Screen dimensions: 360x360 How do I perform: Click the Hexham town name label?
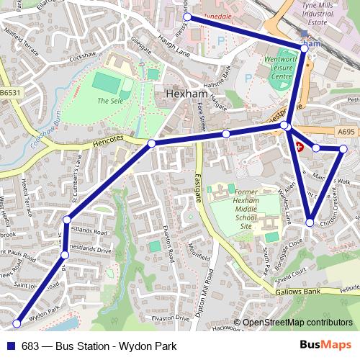pos(186,94)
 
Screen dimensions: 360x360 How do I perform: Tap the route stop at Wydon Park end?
pos(16,324)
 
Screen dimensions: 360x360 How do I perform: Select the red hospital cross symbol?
pos(299,145)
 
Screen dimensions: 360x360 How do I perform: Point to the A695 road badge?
pos(346,132)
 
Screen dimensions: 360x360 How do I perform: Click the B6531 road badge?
pos(10,93)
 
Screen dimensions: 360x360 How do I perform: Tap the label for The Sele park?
pos(109,102)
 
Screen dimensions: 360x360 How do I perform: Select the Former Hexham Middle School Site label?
pos(235,210)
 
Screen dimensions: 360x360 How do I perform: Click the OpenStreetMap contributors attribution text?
pos(297,323)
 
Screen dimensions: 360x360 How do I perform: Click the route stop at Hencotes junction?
pos(151,144)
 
